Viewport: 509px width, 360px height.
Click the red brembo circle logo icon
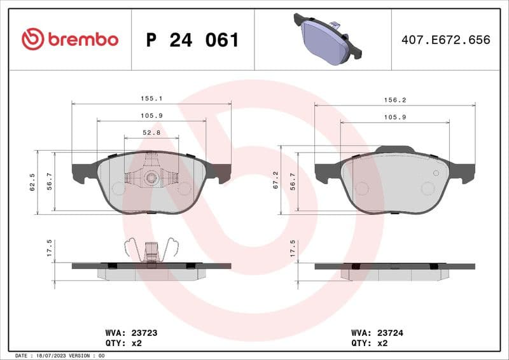click(32, 39)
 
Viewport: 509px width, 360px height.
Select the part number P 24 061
click(193, 40)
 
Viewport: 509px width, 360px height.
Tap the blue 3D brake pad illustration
click(324, 39)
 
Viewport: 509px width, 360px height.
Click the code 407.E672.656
click(445, 40)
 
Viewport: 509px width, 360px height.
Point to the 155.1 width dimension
click(151, 99)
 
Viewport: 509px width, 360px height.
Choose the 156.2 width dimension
click(394, 100)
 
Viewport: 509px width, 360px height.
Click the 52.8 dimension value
click(151, 133)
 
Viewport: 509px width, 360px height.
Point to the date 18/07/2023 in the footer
click(56, 356)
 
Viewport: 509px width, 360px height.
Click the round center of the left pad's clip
click(151, 177)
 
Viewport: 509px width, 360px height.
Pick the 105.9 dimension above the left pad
click(151, 116)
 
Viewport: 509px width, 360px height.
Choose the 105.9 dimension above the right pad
click(394, 117)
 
